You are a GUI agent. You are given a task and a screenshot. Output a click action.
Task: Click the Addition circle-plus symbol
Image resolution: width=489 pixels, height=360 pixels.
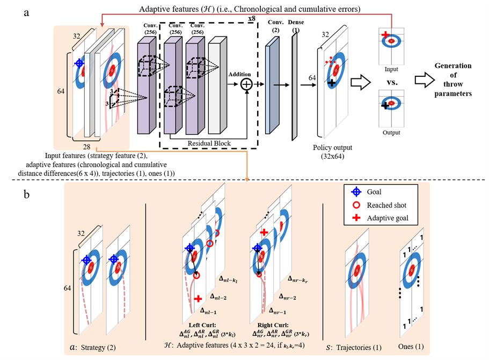pyautogui.click(x=246, y=84)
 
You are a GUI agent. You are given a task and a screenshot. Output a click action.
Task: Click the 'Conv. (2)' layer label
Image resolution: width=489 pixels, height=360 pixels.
pyautogui.click(x=274, y=27)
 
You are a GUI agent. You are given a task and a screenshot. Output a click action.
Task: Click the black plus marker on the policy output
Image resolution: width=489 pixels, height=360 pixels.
pyautogui.click(x=332, y=83)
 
